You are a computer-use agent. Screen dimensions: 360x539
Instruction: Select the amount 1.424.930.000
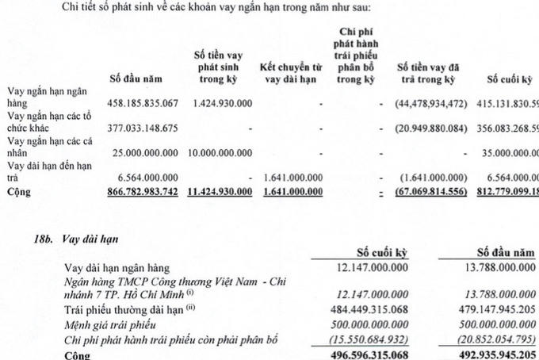point(219,102)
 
